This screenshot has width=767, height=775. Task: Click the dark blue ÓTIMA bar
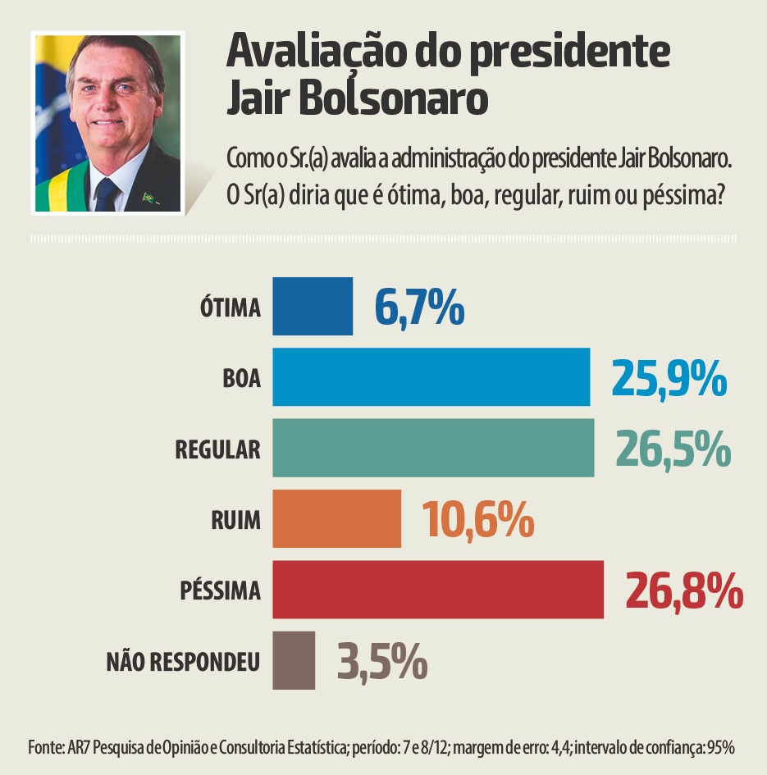coord(313,306)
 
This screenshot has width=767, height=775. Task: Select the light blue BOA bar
coord(431,376)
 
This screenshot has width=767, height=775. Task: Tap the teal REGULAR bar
coord(433,448)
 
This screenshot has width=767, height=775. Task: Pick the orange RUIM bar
coord(336,518)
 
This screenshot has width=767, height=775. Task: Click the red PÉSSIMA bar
coord(438,590)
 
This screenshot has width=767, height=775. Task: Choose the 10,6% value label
coord(478,519)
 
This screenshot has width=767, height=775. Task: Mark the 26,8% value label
coord(684,590)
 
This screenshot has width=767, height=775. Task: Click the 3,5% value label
coord(381,661)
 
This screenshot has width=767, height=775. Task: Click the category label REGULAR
coord(218,449)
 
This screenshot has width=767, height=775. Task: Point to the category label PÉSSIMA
coord(220,590)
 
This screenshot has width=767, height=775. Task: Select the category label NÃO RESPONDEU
coord(184,661)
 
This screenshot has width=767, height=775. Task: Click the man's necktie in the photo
coord(107,195)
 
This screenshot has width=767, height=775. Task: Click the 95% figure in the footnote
coord(721,747)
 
